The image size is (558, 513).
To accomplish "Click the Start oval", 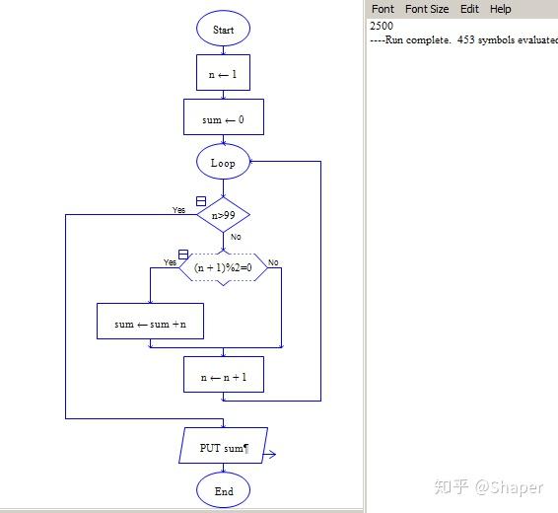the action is point(223,29).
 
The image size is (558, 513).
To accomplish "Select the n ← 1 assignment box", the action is point(223,73).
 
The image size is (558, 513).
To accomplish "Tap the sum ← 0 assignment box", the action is point(224,116).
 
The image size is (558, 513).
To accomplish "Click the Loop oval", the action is point(223,162).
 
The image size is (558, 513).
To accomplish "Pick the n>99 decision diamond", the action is point(223,215).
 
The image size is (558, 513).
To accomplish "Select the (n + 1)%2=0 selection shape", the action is point(223,267).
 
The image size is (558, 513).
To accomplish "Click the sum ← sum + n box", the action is point(150,321).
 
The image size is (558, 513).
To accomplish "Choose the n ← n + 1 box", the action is point(224,375).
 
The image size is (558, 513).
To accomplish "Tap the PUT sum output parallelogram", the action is point(223,445).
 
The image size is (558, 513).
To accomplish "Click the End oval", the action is point(223,490).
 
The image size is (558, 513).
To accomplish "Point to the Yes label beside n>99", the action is point(178,210).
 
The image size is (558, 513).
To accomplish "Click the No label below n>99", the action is point(236,237).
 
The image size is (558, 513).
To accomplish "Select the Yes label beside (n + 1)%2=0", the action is point(170,262).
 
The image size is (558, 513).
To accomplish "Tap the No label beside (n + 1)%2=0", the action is point(273,262).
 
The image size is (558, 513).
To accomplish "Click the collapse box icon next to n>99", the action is point(201,201).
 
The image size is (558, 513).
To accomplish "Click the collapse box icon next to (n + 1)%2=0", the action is point(183,255).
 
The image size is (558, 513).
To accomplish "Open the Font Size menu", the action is point(427,9).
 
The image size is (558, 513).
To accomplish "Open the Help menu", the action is point(501,9).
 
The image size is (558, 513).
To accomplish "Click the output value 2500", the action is point(382,26).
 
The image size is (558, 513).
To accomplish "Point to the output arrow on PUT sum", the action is point(269,454).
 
